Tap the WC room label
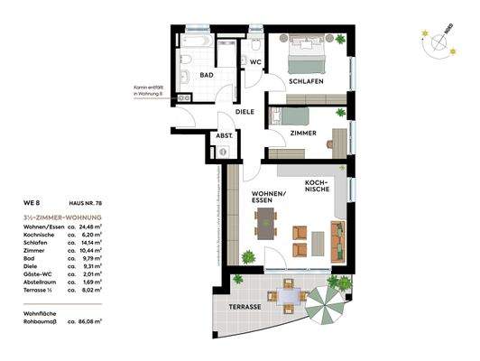[x=255, y=62]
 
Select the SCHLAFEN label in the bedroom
[x=307, y=81]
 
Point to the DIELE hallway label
[x=245, y=112]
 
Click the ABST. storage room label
[x=223, y=138]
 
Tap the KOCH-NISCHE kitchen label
[x=317, y=186]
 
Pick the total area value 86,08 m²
[x=87, y=320]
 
